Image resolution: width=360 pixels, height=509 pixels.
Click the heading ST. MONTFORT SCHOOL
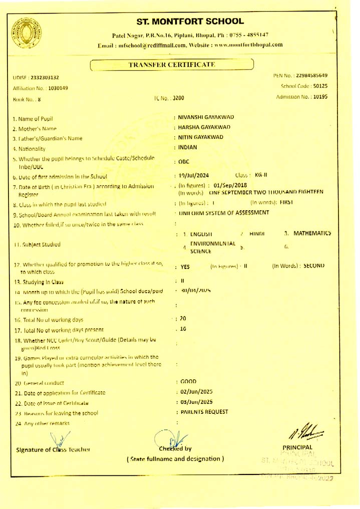pyautogui.click(x=190, y=22)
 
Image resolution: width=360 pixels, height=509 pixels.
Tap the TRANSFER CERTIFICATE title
pyautogui.click(x=171, y=65)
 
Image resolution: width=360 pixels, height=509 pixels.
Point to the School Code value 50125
pyautogui.click(x=316, y=86)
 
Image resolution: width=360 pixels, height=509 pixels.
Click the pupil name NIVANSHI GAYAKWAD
pyautogui.click(x=206, y=117)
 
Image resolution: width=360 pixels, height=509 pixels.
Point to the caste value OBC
pyautogui.click(x=183, y=162)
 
